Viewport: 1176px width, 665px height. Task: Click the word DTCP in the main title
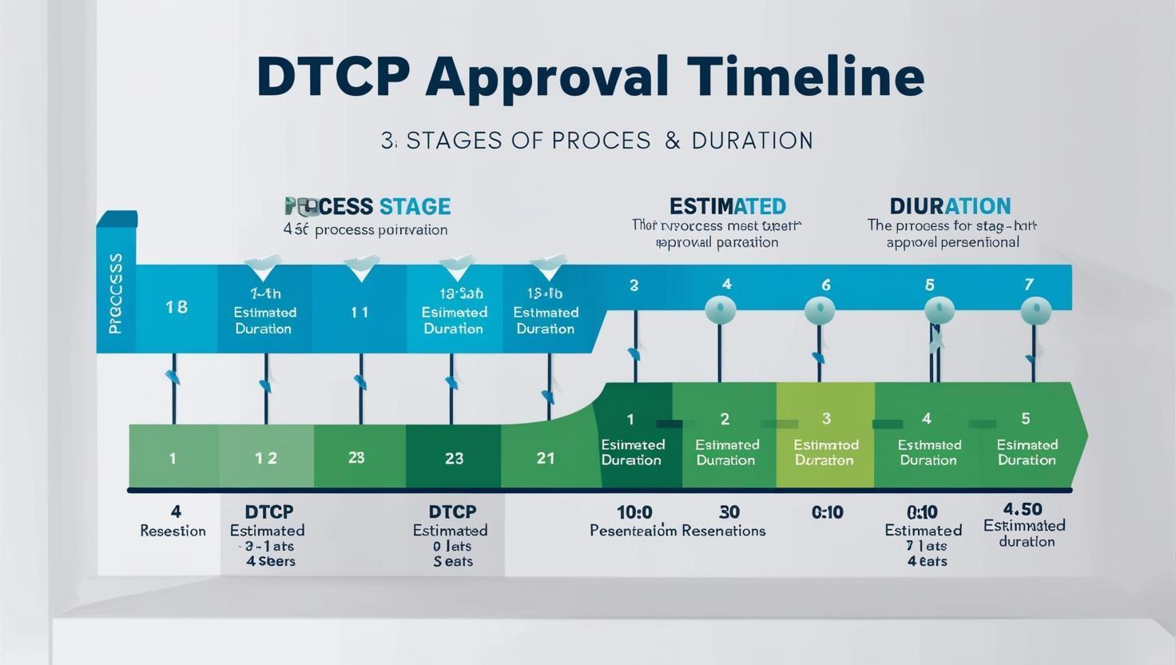tap(333, 78)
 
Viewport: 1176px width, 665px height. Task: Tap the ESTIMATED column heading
tap(727, 206)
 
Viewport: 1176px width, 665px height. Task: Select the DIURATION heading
tap(950, 206)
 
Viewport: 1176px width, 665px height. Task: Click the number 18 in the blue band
tap(177, 307)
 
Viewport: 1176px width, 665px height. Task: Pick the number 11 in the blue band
tap(360, 313)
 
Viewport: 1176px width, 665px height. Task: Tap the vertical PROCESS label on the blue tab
tap(115, 293)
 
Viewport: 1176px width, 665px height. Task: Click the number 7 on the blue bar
tap(1029, 285)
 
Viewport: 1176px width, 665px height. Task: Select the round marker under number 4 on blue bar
tap(721, 309)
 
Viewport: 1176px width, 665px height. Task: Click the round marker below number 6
tap(820, 310)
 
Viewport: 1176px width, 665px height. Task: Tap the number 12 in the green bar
tap(266, 458)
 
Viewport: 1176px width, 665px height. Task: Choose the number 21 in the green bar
tap(546, 458)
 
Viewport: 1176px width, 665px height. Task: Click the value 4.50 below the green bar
tap(1023, 509)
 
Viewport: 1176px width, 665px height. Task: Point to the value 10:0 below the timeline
tap(634, 512)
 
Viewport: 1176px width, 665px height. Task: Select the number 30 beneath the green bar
tap(729, 512)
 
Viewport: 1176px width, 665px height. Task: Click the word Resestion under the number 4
tap(173, 531)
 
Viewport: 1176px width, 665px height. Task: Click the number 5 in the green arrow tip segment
tap(1026, 418)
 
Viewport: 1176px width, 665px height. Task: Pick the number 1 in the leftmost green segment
tap(173, 458)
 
